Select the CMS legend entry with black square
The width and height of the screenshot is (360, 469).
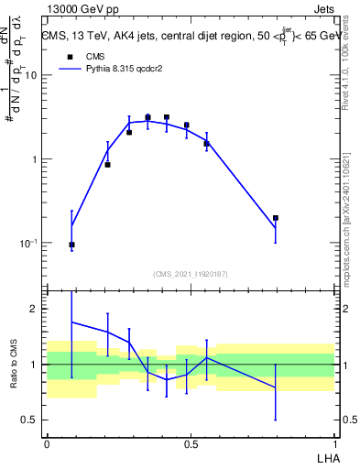pos(83,56)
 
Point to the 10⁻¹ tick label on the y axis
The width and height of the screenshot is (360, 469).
pos(27,244)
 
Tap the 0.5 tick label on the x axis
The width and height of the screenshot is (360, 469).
pos(191,443)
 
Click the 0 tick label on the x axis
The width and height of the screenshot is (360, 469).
pos(47,443)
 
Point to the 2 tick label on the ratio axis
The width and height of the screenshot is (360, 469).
pos(34,310)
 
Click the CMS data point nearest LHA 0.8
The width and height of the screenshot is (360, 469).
pos(276,218)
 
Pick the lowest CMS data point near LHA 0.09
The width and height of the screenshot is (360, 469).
pos(71,245)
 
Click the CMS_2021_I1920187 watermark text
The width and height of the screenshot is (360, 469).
pos(190,273)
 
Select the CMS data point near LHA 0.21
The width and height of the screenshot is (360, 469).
pos(107,165)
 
